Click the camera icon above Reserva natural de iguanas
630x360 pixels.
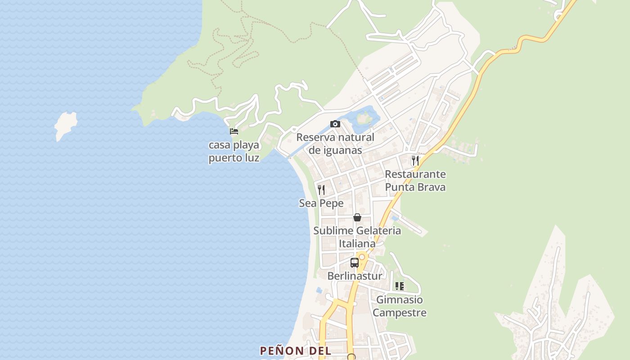(335, 124)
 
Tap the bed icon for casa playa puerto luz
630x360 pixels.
(234, 131)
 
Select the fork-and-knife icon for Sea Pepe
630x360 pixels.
(321, 189)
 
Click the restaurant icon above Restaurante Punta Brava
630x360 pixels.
(415, 160)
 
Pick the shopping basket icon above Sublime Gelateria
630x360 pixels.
(357, 217)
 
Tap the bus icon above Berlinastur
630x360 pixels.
(355, 263)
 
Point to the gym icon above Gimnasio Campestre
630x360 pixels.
(399, 286)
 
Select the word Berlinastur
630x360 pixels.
(355, 276)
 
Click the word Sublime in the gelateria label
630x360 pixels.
(333, 231)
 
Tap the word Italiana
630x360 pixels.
(357, 244)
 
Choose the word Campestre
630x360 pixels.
(399, 313)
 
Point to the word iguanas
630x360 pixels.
(342, 150)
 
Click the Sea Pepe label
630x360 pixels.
(321, 203)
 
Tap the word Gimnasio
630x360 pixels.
(399, 300)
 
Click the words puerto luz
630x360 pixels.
(234, 158)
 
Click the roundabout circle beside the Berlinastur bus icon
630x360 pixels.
(361, 256)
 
